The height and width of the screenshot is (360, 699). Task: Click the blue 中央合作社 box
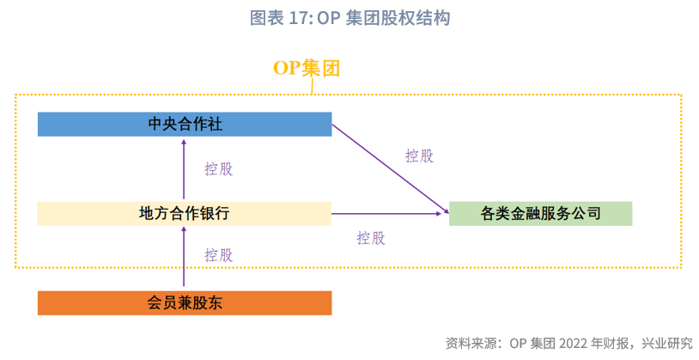185,124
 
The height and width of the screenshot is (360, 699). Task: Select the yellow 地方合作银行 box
184,214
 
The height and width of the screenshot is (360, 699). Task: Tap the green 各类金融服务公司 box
540,214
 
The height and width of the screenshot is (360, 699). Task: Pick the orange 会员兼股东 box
185,303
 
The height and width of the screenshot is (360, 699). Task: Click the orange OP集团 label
307,68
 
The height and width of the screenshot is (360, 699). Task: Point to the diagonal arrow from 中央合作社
391,168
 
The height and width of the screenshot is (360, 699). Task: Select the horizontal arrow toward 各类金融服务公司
386,214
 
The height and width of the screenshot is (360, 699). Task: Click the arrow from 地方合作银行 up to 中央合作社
184,169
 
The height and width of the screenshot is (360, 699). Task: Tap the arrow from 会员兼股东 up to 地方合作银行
184,256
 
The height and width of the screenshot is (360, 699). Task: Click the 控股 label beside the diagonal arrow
419,156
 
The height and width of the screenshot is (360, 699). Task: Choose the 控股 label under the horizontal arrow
371,238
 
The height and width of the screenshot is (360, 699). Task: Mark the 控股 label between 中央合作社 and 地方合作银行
218,169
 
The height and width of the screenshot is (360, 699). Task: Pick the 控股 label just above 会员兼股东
218,255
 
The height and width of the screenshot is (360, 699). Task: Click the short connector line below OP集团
312,87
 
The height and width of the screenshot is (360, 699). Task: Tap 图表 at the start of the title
266,18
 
